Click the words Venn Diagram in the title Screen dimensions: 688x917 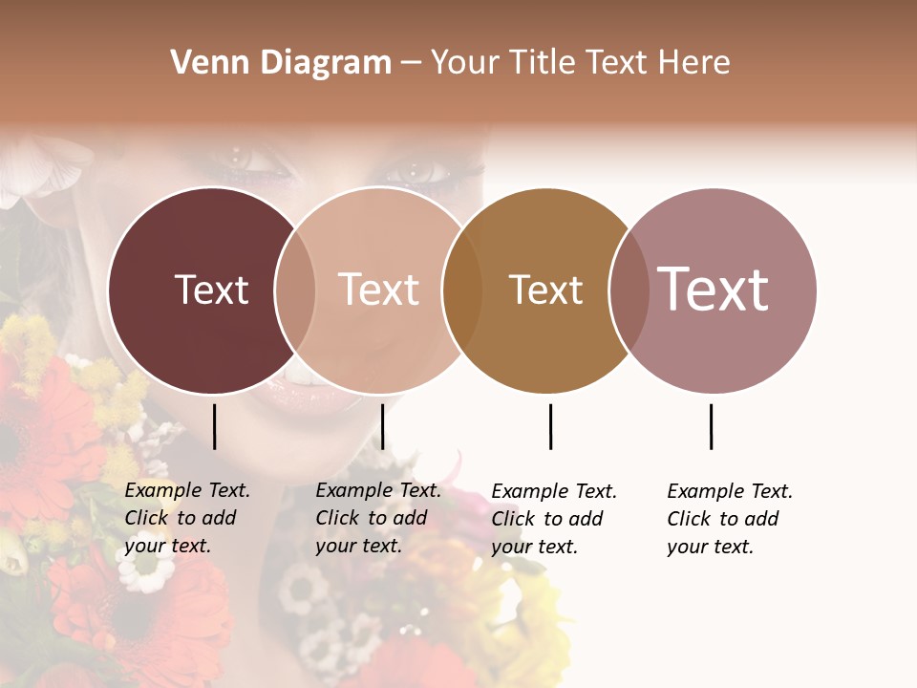281,63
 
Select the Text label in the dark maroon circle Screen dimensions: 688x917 211,290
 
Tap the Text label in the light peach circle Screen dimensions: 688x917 378,290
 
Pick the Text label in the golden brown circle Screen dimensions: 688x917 545,290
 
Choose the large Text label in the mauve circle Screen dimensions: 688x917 714,289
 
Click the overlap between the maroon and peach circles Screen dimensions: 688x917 295,290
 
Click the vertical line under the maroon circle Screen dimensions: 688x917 214,426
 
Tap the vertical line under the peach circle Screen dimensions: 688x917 382,426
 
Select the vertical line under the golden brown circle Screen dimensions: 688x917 550,426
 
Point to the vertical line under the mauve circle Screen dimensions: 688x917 711,426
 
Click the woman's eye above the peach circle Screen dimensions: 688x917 416,172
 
